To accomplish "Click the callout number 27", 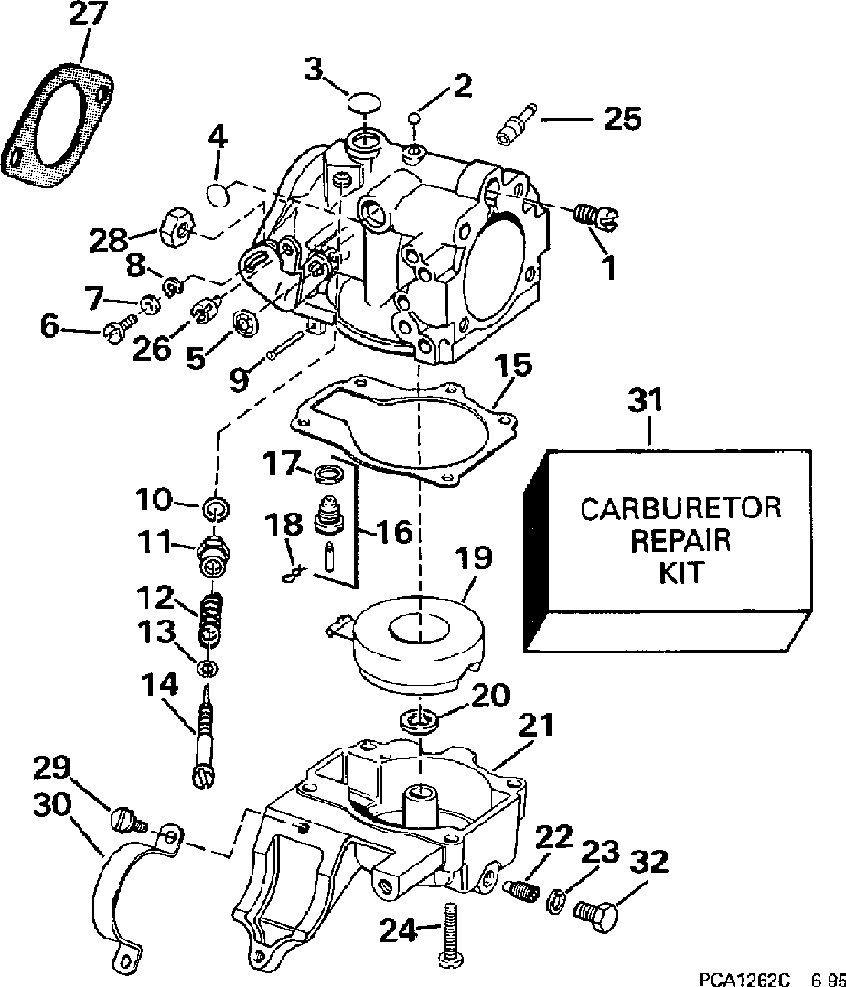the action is pos(89,14).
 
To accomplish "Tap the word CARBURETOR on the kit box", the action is pos(680,509).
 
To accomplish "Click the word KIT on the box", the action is pos(680,573).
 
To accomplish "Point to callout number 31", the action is pos(647,401).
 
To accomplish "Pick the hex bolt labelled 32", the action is pos(595,908).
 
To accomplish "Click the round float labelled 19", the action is pos(418,643).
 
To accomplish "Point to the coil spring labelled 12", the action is pos(210,618).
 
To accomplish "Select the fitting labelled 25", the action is pos(515,124).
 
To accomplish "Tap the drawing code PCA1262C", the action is pos(744,979).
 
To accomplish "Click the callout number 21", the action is pos(535,725).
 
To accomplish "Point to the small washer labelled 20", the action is pos(419,719).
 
